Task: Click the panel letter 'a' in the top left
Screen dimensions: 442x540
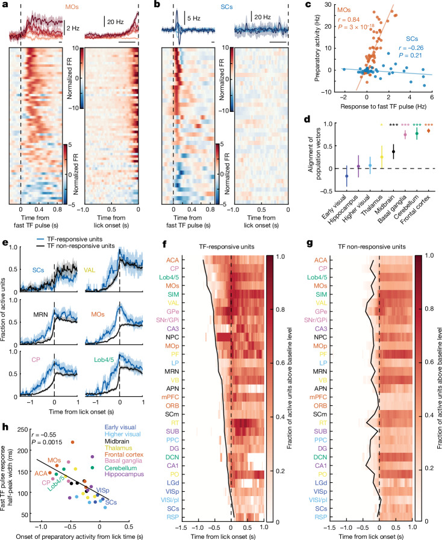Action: click(5, 6)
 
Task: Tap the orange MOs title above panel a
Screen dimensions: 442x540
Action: click(72, 6)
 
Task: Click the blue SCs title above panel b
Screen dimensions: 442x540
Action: click(226, 7)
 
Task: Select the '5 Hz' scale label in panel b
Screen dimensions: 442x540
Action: click(194, 18)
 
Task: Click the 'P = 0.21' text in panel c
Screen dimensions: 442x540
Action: click(410, 55)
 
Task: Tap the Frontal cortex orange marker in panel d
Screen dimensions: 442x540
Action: click(429, 131)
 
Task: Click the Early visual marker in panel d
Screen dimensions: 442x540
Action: click(347, 176)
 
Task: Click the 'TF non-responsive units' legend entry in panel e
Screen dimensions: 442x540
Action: click(81, 246)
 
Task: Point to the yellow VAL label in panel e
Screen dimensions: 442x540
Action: click(90, 270)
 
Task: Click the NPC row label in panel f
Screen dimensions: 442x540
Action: click(172, 337)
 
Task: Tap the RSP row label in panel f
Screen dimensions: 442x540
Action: click(173, 517)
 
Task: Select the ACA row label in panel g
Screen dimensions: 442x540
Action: click(321, 260)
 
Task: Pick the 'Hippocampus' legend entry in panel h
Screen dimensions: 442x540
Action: click(124, 474)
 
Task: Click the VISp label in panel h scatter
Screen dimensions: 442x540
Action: click(102, 490)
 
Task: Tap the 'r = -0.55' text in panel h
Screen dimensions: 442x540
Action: click(43, 435)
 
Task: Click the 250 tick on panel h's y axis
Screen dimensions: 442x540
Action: click(23, 429)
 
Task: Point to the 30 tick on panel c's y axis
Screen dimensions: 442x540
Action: click(328, 4)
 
